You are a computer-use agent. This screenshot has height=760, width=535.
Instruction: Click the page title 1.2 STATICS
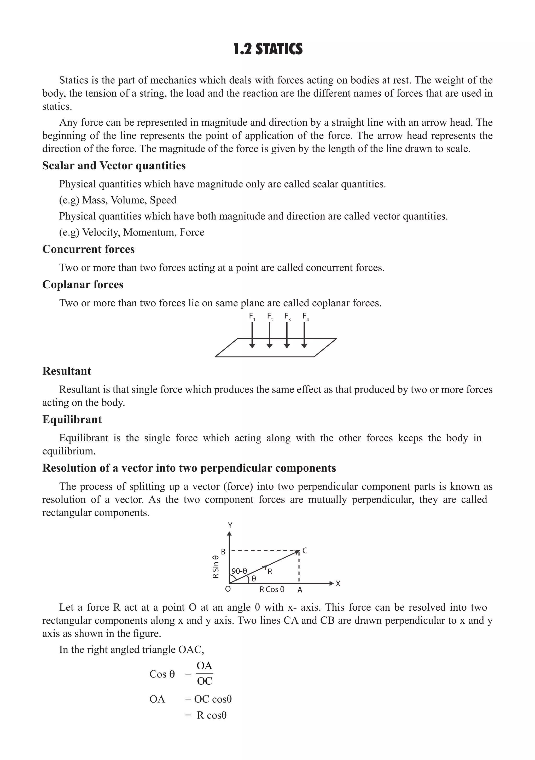[267, 49]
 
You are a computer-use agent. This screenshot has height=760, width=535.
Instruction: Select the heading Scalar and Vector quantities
[114, 166]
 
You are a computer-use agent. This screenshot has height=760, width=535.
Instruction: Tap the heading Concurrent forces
[88, 249]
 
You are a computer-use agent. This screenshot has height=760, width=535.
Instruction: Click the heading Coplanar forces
[83, 285]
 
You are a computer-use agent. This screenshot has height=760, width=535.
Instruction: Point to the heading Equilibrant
[72, 420]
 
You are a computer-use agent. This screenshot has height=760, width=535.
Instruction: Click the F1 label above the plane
[252, 317]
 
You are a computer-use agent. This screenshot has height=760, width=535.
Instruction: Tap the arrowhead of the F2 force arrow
[270, 346]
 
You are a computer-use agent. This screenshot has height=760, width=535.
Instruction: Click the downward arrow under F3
[287, 334]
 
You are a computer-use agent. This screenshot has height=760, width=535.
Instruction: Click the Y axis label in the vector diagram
[230, 526]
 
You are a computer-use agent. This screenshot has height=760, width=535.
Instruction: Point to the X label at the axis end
[338, 584]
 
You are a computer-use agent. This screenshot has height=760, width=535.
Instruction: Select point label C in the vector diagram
[305, 551]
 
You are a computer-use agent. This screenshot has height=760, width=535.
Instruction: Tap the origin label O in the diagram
[228, 589]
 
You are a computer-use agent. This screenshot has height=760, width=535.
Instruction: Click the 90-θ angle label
[239, 571]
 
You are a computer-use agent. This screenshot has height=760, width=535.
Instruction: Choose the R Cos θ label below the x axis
[272, 589]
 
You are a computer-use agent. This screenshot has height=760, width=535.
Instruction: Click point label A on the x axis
[300, 590]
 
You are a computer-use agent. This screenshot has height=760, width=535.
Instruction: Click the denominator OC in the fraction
[204, 681]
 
